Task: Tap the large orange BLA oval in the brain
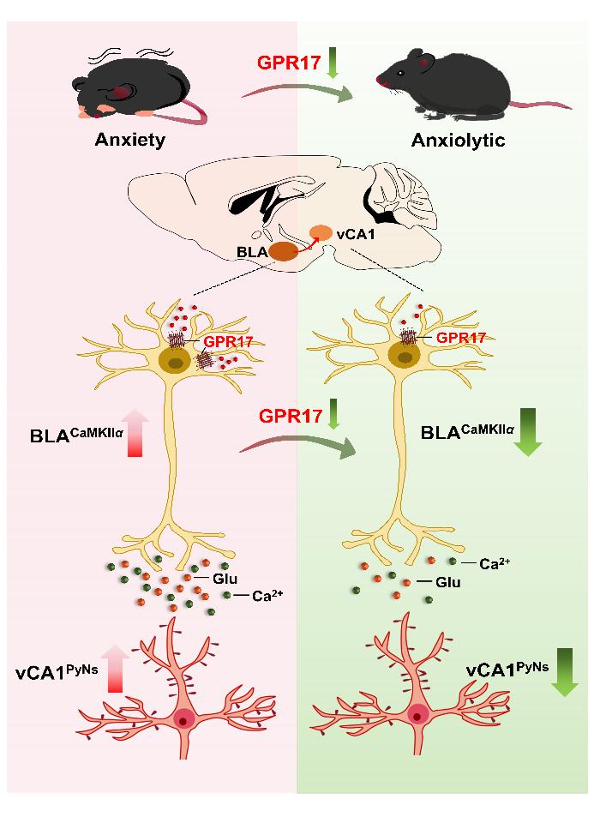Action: (284, 251)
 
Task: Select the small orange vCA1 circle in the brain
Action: (321, 232)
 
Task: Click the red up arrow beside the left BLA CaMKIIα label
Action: (134, 433)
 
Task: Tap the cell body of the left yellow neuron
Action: (177, 362)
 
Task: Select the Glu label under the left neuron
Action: (225, 579)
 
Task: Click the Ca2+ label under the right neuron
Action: (495, 564)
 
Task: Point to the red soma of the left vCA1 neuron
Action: (183, 718)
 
